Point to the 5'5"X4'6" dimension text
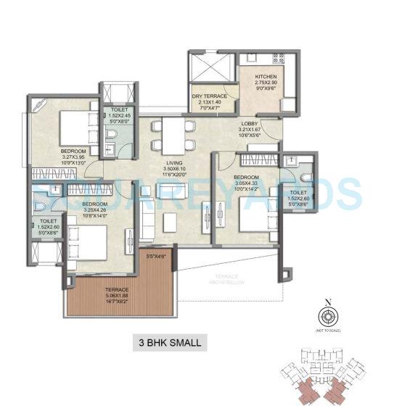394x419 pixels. (156, 256)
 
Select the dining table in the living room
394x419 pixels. (173, 134)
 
